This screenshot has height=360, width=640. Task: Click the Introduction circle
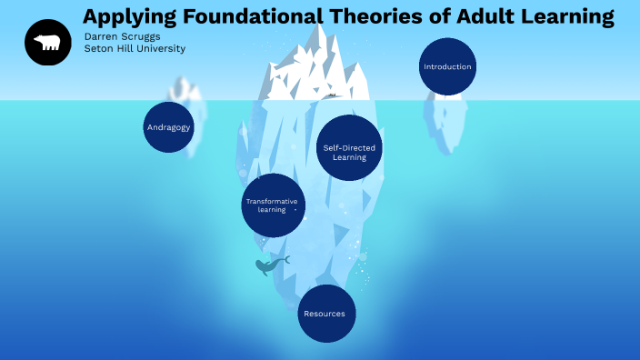pos(447,66)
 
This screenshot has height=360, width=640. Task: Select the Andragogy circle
pos(169,127)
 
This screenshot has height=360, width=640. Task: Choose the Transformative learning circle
pos(273,205)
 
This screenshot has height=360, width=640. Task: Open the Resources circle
pos(325,314)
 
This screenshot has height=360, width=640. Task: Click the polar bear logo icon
pos(48,43)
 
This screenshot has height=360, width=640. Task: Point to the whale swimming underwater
pos(270,265)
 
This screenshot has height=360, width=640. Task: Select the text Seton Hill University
pos(135,49)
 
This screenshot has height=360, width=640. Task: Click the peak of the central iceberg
pos(319,32)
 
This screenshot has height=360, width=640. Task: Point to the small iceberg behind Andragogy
pos(186,91)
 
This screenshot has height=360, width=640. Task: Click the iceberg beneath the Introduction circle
pos(445,123)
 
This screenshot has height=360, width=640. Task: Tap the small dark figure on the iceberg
pos(333,95)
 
